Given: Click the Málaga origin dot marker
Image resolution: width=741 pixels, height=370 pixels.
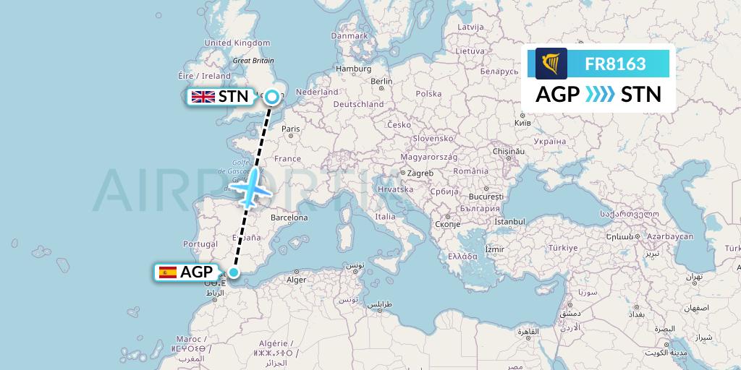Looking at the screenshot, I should click(x=234, y=272).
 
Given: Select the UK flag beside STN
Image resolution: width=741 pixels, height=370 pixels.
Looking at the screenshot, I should click(x=203, y=97).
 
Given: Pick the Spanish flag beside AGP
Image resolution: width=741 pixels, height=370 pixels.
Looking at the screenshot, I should click(x=168, y=272).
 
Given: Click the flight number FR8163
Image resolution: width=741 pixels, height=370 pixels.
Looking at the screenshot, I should click(x=615, y=64).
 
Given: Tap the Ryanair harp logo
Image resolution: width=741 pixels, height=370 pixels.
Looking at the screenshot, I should click(x=551, y=63).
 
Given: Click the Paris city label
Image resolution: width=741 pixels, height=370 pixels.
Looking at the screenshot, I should click(x=290, y=129).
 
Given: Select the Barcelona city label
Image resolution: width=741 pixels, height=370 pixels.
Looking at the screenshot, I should click(x=289, y=218).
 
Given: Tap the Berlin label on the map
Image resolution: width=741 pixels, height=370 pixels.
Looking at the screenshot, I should click(x=381, y=82).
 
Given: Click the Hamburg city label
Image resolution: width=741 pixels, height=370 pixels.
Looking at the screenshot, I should click(x=353, y=69).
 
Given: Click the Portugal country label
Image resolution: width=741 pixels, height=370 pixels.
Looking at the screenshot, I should click(x=200, y=244).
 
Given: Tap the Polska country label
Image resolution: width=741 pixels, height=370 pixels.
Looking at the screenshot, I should click(x=428, y=94).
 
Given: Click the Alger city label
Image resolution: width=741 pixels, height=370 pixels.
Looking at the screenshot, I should click(x=297, y=280).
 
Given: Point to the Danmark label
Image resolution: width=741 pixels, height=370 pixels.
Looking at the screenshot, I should click(x=350, y=35).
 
